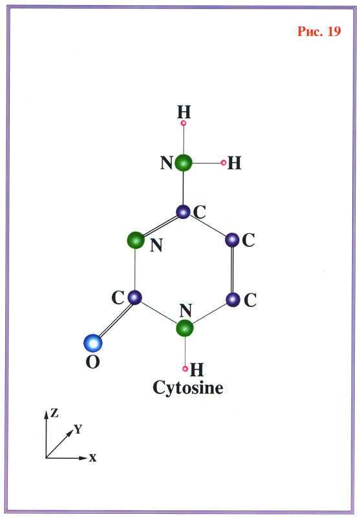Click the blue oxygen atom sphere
point(93,343)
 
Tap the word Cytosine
point(187,388)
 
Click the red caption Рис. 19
point(319,31)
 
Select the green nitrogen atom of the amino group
point(184,163)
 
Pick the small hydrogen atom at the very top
point(184,123)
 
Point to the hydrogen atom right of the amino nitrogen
point(224,163)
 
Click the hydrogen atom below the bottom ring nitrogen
point(185,368)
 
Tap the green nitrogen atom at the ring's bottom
point(185,328)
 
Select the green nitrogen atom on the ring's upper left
point(136,240)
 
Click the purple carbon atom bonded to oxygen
point(134,297)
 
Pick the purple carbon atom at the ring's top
point(183,211)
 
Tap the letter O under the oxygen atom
point(92,363)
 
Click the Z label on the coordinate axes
point(54,413)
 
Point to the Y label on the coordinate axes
point(78,429)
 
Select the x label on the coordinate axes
point(92,458)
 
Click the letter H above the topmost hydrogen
point(184,112)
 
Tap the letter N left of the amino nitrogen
point(167,163)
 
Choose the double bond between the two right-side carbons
point(233,269)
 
